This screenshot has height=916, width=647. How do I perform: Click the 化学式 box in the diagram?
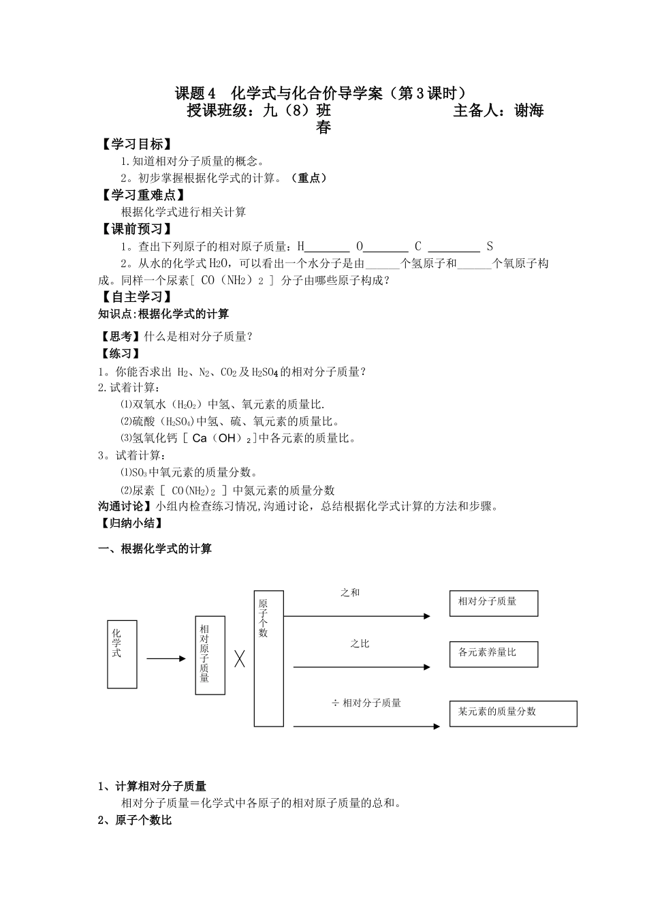pos(122,654)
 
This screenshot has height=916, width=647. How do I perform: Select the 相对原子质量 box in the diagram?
pos(210,655)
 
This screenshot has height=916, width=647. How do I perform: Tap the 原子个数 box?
pos(268,658)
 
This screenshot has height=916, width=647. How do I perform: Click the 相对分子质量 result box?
pos(493,603)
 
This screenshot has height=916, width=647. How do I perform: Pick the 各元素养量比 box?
pos(493,654)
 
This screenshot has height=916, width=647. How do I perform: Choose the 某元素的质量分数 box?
pos(513,713)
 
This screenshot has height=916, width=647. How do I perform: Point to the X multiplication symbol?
pos(240,658)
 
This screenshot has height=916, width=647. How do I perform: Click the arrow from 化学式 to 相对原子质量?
pos(165,658)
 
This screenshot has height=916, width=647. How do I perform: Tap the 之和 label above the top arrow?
pos(350,593)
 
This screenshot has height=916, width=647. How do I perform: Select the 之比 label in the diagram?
pos(359,643)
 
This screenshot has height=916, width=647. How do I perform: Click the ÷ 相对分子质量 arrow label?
pos(366,703)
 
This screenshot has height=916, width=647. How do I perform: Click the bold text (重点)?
pos(308,178)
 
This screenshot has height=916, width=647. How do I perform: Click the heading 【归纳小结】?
pos(131,523)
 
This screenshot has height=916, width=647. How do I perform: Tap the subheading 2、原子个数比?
pos(135,821)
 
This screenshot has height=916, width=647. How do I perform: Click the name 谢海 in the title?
pos(528,111)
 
